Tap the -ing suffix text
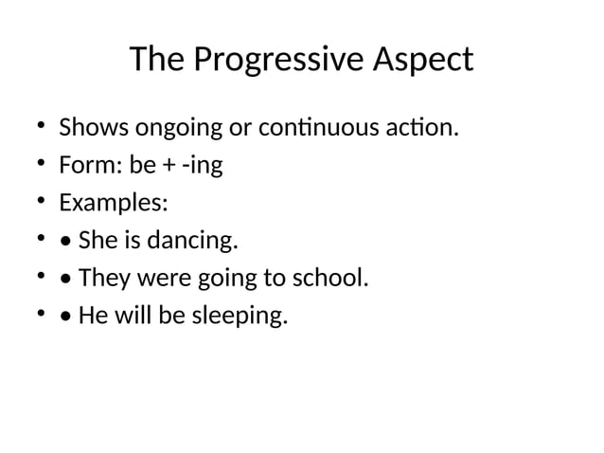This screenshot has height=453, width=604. pos(203,166)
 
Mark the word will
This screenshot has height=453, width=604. pos(132,316)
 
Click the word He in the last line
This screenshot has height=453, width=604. pos(94,316)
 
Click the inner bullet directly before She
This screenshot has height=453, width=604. pos(65,242)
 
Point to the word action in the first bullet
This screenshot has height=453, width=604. pos(426,127)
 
